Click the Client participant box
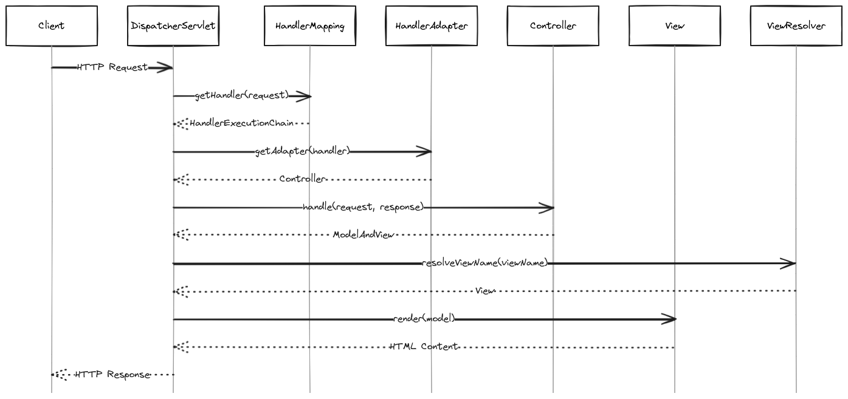pyautogui.click(x=52, y=26)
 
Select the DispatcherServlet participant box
pyautogui.click(x=173, y=26)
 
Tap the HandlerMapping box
pyautogui.click(x=310, y=26)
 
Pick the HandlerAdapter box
pyautogui.click(x=432, y=26)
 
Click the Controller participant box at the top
pyautogui.click(x=553, y=26)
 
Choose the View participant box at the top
pyautogui.click(x=675, y=26)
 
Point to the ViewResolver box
pyautogui.click(x=796, y=26)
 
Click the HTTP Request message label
pyautogui.click(x=112, y=67)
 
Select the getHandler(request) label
pyautogui.click(x=242, y=95)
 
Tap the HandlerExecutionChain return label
pyautogui.click(x=241, y=123)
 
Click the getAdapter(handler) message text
pyautogui.click(x=303, y=151)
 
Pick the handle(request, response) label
pyautogui.click(x=363, y=207)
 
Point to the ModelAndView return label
pyautogui.click(x=364, y=235)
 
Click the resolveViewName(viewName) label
pyautogui.click(x=484, y=263)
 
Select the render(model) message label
pyautogui.click(x=424, y=319)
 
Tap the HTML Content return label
pyautogui.click(x=424, y=347)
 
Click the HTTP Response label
pyautogui.click(x=112, y=375)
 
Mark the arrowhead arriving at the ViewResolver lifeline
pyautogui.click(x=789, y=264)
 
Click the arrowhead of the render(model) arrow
pyautogui.click(x=669, y=319)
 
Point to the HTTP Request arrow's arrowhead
pyautogui.click(x=165, y=67)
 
